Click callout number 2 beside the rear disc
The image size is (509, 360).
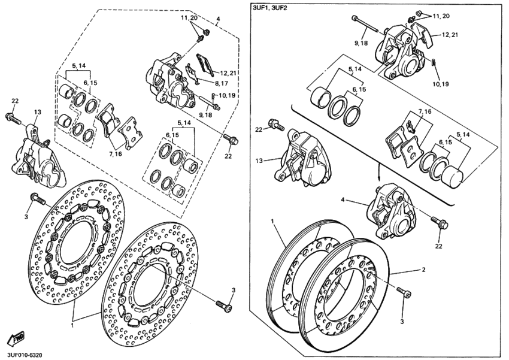[x=423, y=270]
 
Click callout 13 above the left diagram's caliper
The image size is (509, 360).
[x=37, y=112]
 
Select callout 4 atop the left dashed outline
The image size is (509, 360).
[x=218, y=19]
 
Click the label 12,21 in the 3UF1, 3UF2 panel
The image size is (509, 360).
[x=451, y=35]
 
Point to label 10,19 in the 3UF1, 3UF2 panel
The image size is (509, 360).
[x=440, y=84]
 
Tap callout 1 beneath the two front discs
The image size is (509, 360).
[x=72, y=326]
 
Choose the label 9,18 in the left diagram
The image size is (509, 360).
[x=205, y=114]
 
